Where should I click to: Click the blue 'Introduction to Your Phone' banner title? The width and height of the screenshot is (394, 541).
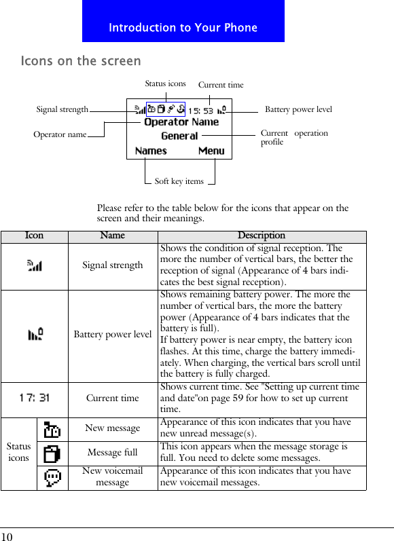pos(183,28)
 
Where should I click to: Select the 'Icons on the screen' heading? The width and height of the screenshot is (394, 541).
pos(81,61)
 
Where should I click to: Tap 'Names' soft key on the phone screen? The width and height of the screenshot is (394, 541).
pos(151,151)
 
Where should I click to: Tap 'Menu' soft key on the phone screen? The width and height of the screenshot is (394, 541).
pos(211,151)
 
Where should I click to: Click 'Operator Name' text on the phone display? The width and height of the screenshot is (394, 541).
pos(181,122)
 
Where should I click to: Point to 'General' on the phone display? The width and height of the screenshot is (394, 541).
pos(179,136)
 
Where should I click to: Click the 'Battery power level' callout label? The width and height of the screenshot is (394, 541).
pos(298,109)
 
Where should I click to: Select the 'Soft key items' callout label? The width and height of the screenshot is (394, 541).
pos(179,181)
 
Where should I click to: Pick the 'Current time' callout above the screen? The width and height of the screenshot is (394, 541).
pos(220,85)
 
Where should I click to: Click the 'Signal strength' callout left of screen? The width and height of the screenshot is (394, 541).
pos(62,109)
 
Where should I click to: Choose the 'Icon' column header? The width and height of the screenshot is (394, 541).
pos(34,236)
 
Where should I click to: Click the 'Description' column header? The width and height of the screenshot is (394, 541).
pos(262,236)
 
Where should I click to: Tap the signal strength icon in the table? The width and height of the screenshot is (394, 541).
pos(35,265)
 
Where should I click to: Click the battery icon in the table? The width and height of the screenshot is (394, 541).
pos(35,334)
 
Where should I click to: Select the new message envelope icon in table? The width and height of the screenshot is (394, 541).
pos(52,430)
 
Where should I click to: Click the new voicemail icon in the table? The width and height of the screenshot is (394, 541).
pos(52,478)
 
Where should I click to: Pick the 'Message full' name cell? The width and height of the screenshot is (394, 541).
pos(113,453)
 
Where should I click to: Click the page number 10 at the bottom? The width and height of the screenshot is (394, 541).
pos(7,536)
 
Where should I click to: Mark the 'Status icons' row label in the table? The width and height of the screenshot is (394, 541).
pos(18,452)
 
